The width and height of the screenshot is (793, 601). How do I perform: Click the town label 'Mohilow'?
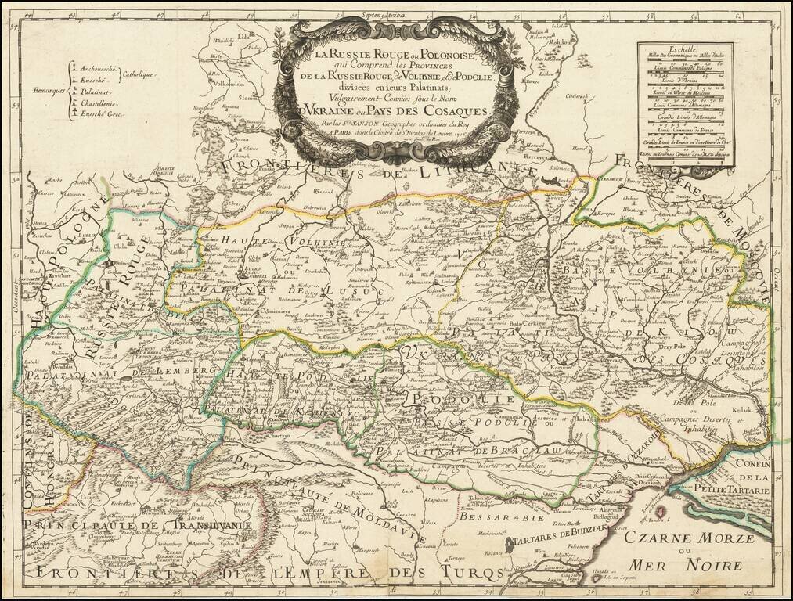[557, 44]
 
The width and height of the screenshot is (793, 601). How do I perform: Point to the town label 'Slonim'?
[250, 99]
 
